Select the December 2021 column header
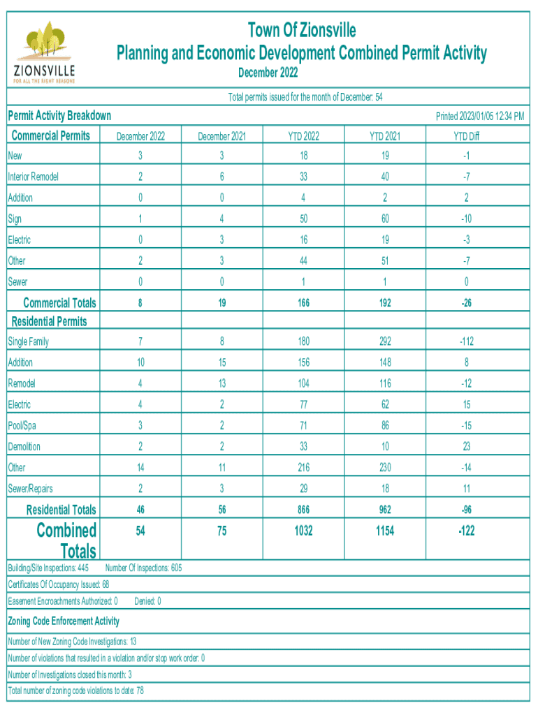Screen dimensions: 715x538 (221, 136)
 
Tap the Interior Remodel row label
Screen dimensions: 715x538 (33, 177)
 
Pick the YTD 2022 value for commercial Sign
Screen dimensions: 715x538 (303, 219)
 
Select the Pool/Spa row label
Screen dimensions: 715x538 (23, 425)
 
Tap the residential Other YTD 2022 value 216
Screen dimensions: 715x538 (303, 467)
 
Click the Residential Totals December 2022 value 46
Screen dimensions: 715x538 (140, 510)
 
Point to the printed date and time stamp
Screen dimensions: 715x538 (480, 117)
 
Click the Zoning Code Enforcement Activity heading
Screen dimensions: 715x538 (63, 621)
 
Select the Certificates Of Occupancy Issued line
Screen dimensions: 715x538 (58, 584)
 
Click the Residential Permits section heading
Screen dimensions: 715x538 (48, 321)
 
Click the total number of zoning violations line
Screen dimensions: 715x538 (75, 691)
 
